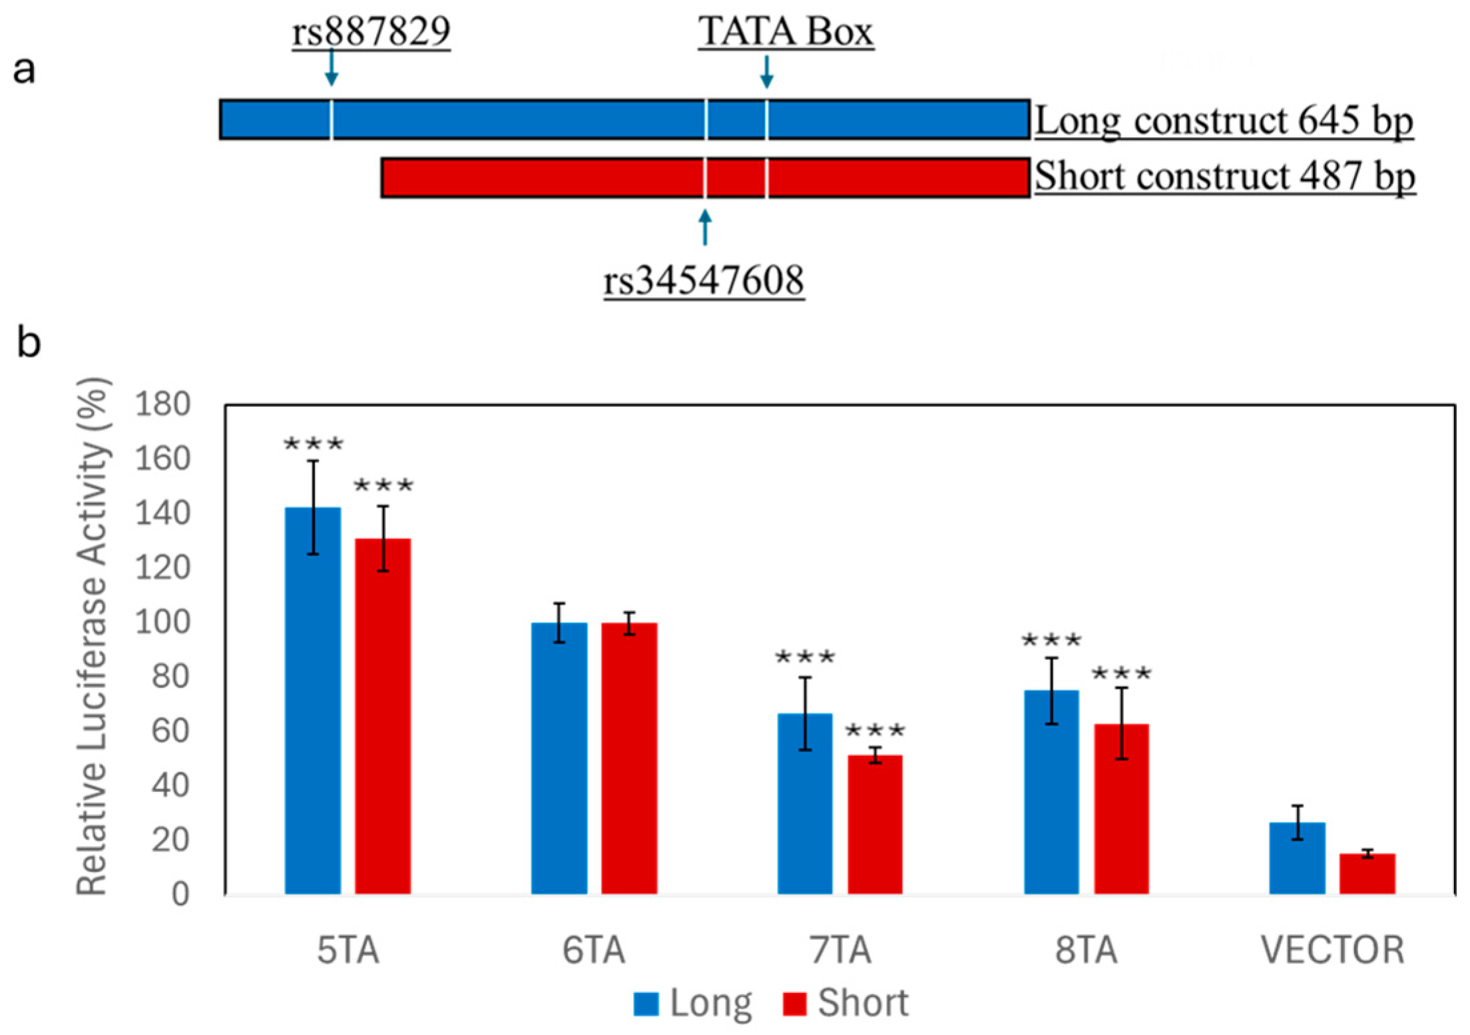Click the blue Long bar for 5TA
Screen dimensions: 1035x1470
(312, 699)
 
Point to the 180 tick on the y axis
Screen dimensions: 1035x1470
(162, 404)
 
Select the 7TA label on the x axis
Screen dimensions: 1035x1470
(840, 950)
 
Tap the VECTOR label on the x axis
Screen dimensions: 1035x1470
(1332, 950)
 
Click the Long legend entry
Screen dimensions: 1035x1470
(692, 1003)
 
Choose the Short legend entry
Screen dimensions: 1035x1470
(846, 1003)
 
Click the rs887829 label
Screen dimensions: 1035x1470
(371, 31)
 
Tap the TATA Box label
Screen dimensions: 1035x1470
(786, 31)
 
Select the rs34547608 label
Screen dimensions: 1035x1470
(704, 280)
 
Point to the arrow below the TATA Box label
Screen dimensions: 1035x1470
(766, 72)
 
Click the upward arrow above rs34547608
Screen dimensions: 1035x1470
(705, 227)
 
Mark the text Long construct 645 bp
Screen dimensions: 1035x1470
(1223, 121)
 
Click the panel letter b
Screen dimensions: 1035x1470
(28, 343)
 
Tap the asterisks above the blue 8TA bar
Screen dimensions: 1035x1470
(1051, 641)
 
